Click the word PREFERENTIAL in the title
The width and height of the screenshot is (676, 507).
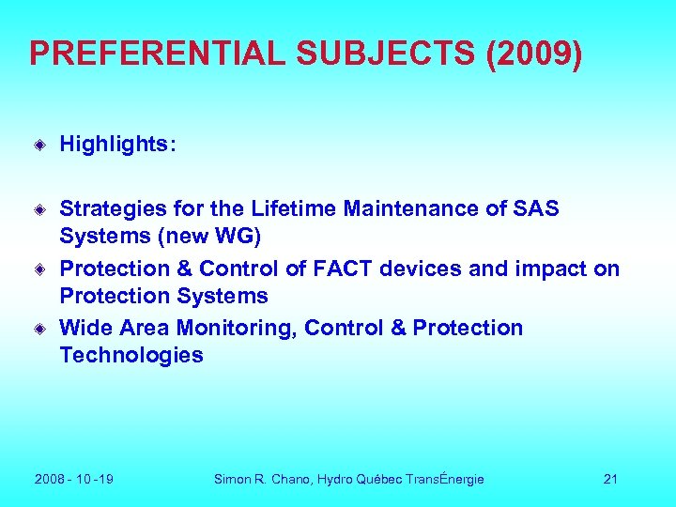click(x=158, y=54)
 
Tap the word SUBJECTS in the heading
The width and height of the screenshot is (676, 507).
click(x=386, y=54)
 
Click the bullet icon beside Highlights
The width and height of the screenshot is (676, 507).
click(x=40, y=145)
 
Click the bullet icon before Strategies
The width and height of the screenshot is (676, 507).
click(x=40, y=209)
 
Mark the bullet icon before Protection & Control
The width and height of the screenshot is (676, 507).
click(x=40, y=269)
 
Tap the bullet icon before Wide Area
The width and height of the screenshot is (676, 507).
click(x=40, y=329)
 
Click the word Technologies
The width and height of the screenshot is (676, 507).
click(x=131, y=354)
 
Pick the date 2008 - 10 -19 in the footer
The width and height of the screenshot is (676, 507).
click(x=74, y=479)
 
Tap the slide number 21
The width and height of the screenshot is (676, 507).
click(x=610, y=479)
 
